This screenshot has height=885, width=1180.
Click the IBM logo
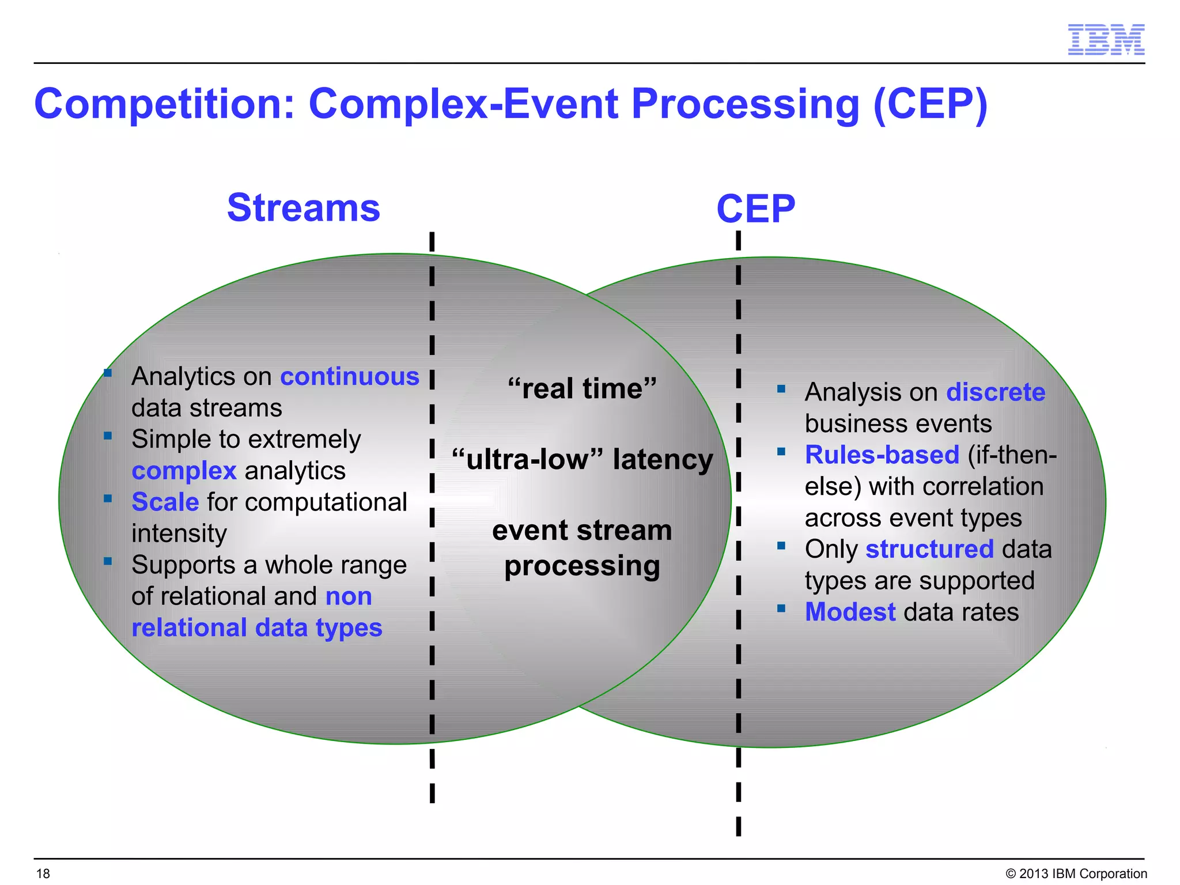click(1106, 40)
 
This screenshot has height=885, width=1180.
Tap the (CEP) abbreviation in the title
click(930, 105)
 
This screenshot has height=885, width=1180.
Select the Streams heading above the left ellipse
click(304, 207)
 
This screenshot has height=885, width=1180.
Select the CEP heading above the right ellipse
click(755, 209)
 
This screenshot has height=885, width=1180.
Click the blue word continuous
click(349, 376)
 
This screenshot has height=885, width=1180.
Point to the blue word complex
click(184, 471)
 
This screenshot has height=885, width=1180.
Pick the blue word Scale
click(165, 502)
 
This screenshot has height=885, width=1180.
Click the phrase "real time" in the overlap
click(582, 388)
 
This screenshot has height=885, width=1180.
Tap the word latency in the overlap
click(663, 460)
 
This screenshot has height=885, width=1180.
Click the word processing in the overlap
click(582, 566)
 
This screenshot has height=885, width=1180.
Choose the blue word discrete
click(996, 392)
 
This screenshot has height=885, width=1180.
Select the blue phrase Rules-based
click(882, 455)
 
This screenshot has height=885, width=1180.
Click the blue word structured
click(929, 549)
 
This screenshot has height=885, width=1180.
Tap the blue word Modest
click(850, 612)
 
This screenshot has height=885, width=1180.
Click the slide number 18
click(43, 873)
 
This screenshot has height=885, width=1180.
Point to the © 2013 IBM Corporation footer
click(1076, 873)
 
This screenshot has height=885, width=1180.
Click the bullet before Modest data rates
click(781, 608)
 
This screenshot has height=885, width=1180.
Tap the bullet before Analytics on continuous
click(108, 373)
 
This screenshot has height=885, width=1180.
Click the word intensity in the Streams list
click(179, 534)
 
